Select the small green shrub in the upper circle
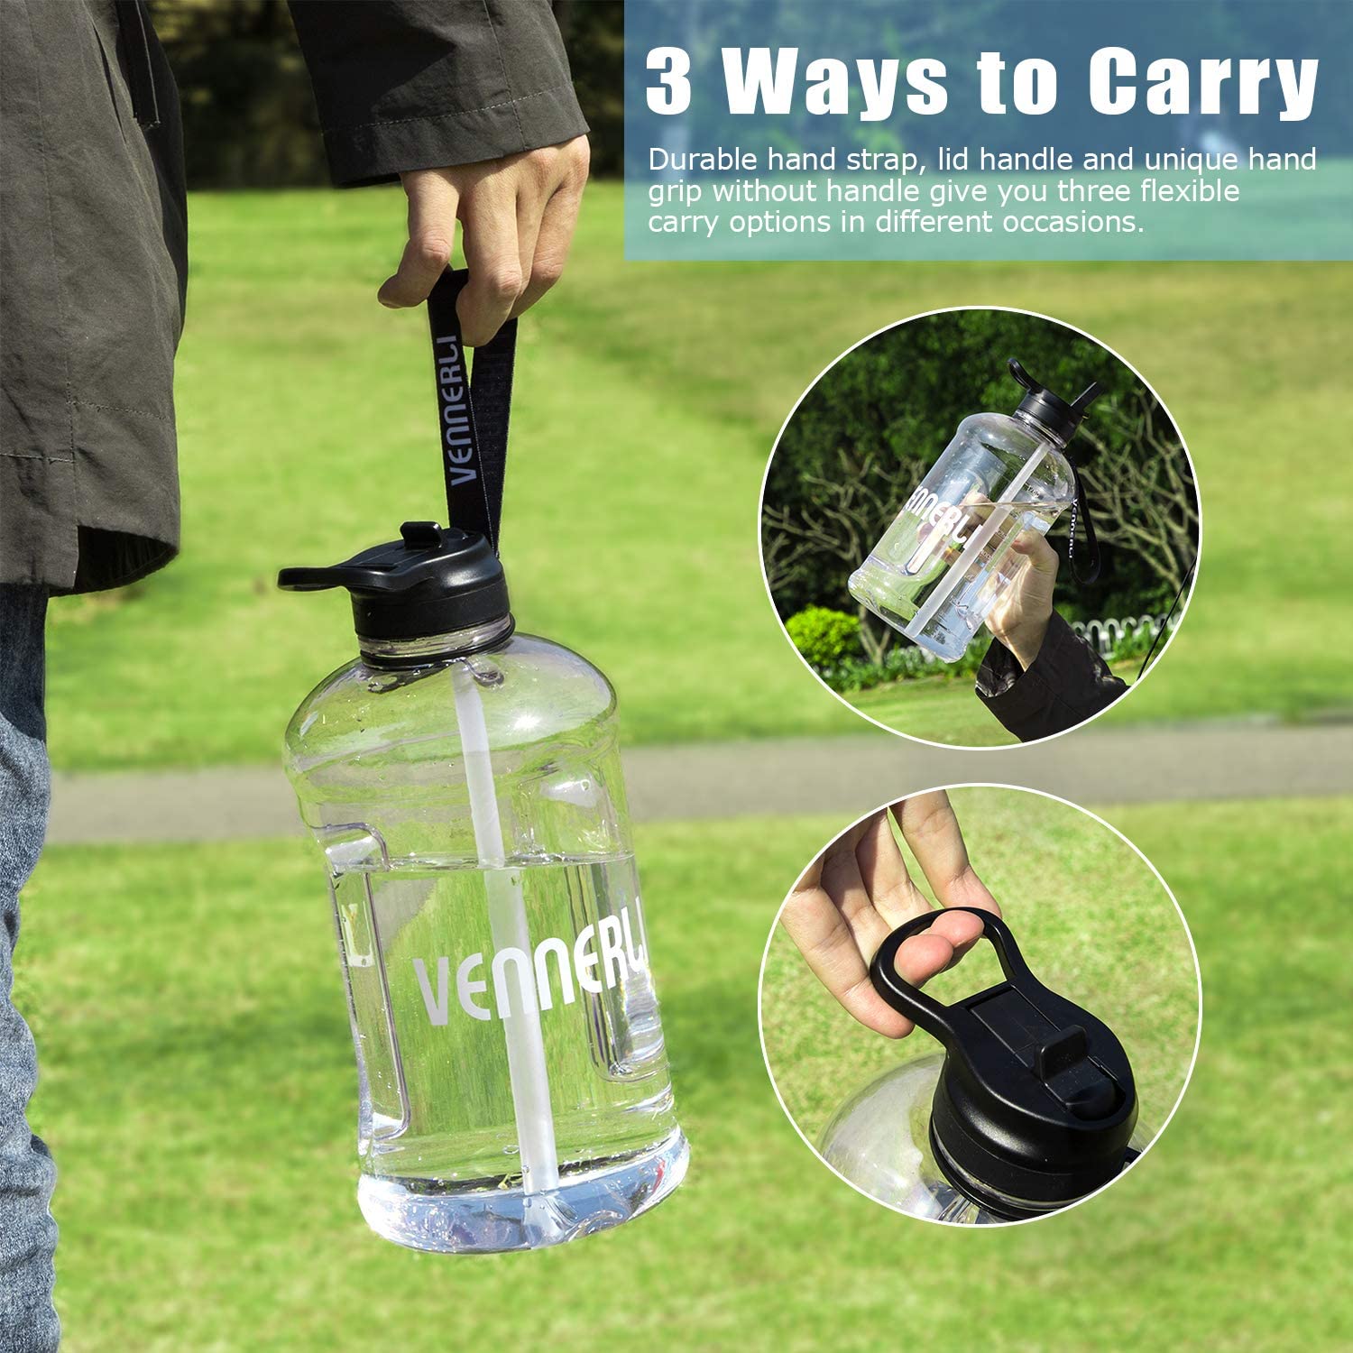(x=825, y=636)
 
